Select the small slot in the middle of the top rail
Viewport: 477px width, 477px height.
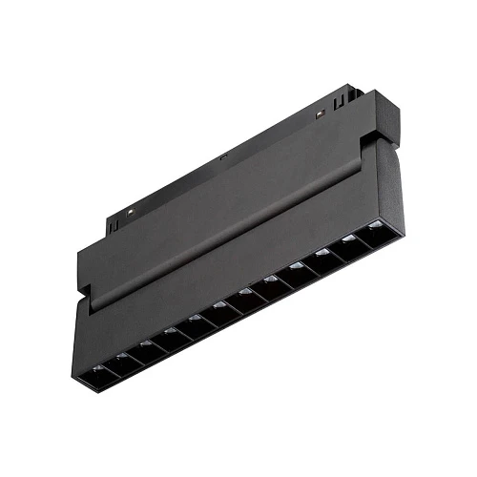click(221, 157)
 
